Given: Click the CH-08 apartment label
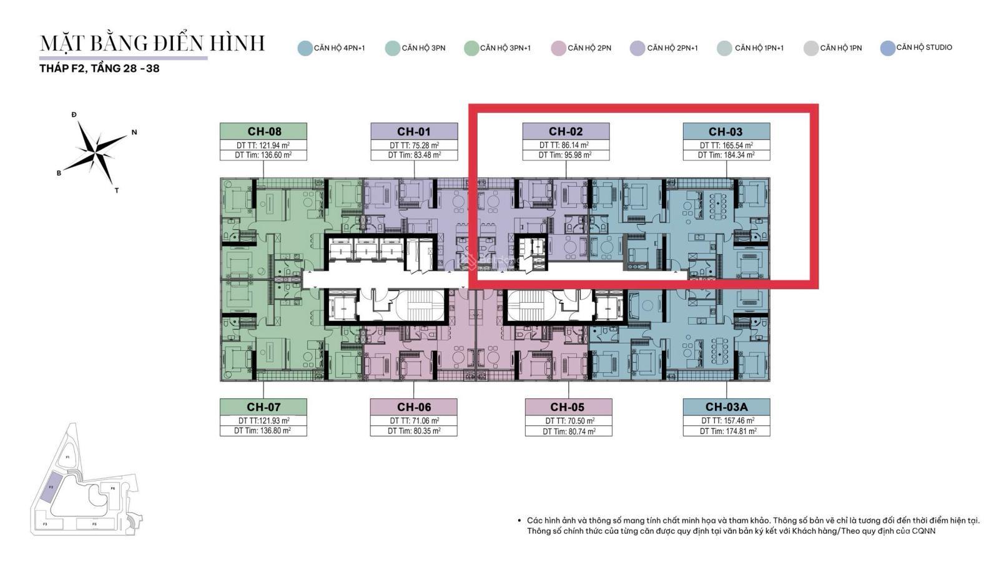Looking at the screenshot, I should (263, 131).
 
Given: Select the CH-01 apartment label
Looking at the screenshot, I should (414, 131).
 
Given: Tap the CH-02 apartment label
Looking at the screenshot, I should (566, 131).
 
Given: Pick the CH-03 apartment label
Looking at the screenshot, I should (726, 131).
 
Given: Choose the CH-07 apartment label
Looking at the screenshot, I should (263, 407).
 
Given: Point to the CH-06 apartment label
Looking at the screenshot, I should (414, 407).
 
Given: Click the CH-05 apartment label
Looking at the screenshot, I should (568, 407).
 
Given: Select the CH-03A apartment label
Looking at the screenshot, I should (726, 407).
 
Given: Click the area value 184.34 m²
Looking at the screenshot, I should (735, 155).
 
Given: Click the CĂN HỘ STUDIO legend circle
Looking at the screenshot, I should (887, 48).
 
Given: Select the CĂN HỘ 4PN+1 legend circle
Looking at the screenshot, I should (305, 48).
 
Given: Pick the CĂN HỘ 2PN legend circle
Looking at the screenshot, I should (558, 48).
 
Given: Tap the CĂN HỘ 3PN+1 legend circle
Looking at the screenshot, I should (471, 48).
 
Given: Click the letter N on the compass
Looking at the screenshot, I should (134, 132).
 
